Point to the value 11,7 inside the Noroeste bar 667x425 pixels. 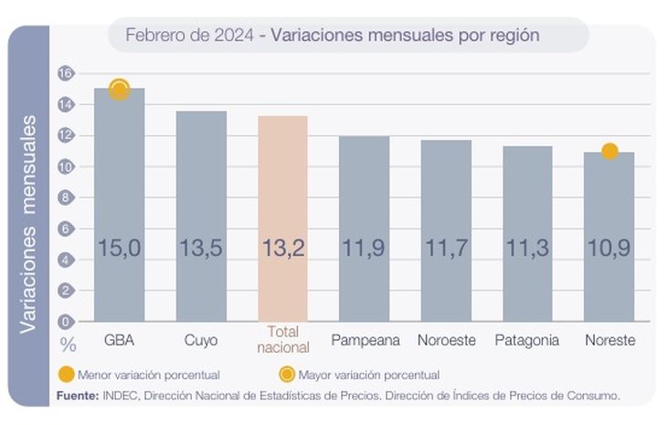point(446,249)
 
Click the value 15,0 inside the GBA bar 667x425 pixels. point(120,249)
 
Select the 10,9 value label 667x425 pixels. point(609,249)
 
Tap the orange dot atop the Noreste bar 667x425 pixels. point(609,151)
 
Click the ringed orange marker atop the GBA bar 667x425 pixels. point(120,90)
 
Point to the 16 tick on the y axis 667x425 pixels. point(64,73)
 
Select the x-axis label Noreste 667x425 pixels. point(609,340)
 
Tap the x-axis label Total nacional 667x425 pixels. point(283,340)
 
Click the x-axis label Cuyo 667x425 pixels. point(201,340)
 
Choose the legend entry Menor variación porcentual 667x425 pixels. point(148,375)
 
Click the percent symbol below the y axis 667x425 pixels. point(67,345)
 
